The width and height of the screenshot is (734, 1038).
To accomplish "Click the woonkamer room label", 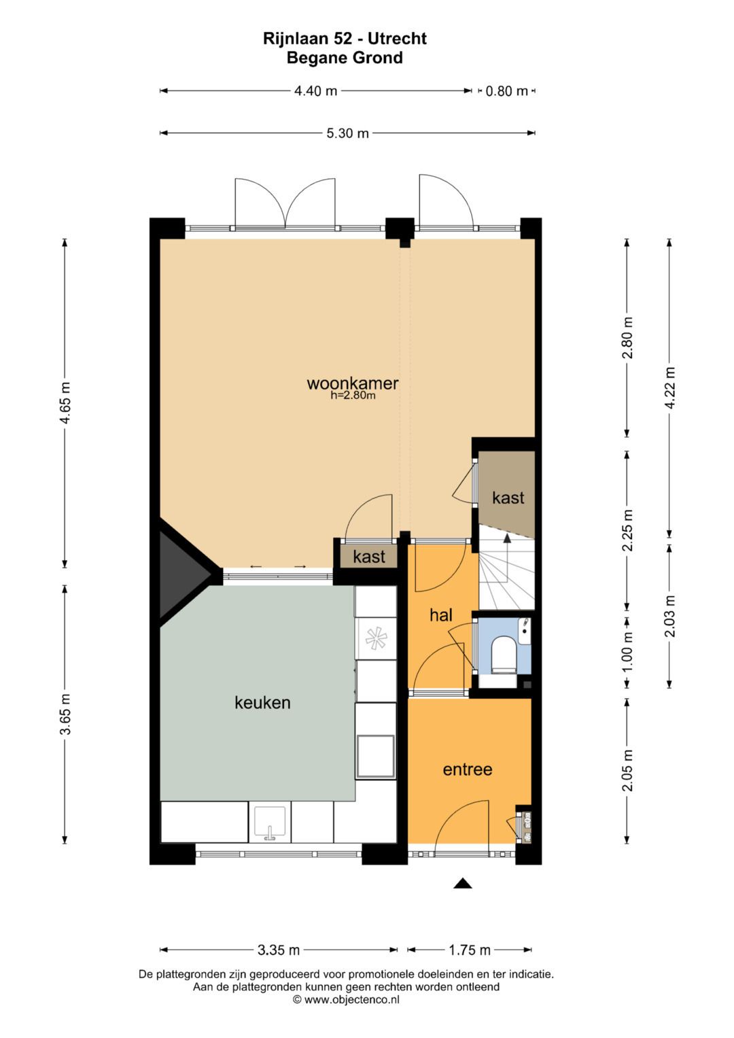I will tap(352, 383).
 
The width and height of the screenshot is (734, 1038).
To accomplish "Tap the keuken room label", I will tap(262, 702).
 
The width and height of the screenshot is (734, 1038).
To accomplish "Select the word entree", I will tap(467, 769).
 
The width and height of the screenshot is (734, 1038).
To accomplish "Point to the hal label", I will tap(440, 615).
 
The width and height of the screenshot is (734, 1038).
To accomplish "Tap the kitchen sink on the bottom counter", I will tap(270, 823).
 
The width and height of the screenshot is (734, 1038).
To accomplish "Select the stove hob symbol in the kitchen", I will tap(375, 638).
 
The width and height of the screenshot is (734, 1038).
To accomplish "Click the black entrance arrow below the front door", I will tap(463, 883).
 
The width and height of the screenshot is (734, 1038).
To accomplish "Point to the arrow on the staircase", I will tap(506, 540).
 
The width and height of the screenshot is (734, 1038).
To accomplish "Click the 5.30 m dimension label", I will tap(347, 133).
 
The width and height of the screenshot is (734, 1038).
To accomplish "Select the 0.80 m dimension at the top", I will tap(506, 91).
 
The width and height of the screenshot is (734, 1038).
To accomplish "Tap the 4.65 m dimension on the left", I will tap(65, 402).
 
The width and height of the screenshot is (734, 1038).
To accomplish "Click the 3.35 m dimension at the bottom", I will tap(279, 950).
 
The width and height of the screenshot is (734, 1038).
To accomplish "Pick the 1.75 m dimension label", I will tap(470, 950).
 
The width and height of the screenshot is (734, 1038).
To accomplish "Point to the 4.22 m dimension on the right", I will tap(670, 387).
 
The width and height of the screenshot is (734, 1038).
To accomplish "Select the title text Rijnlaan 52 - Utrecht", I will tap(345, 39).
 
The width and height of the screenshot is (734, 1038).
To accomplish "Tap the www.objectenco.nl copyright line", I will tap(346, 999).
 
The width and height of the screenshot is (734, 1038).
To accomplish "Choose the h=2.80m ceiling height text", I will tap(353, 396).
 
